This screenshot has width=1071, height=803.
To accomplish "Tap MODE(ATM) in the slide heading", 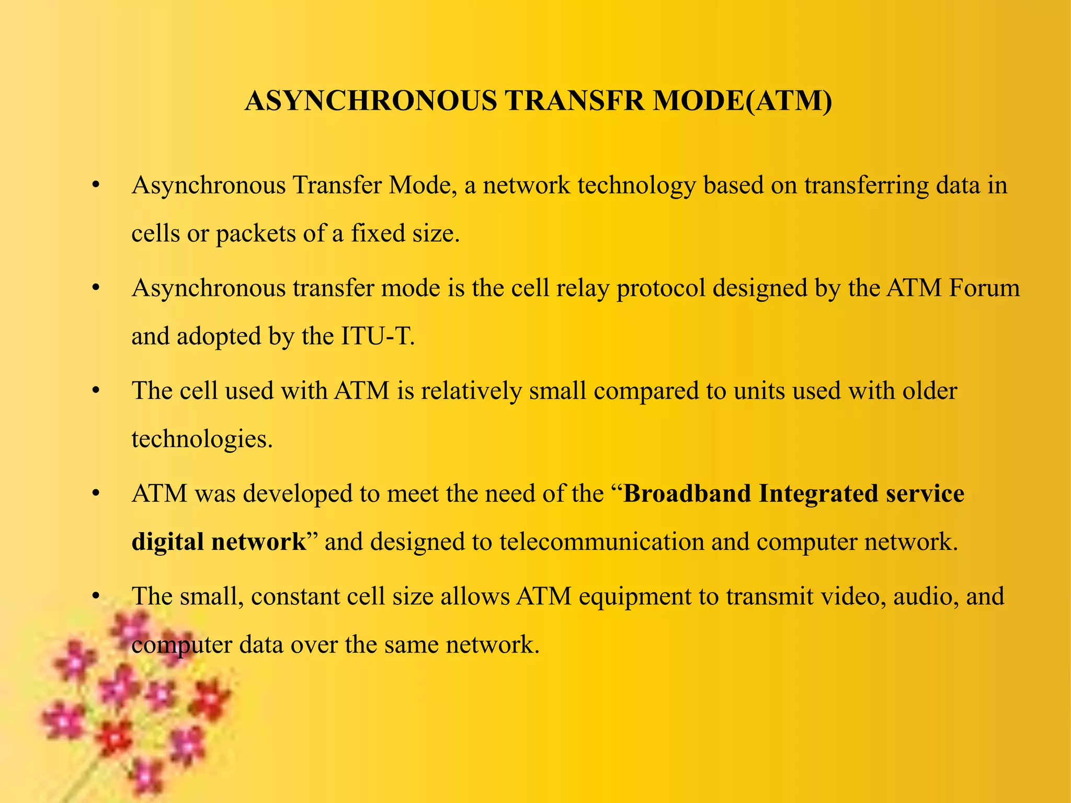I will pyautogui.click(x=742, y=101).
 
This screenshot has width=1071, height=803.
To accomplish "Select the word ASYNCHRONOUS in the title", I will pyautogui.click(x=370, y=101).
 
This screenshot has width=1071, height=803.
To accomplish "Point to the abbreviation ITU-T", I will pyautogui.click(x=377, y=336).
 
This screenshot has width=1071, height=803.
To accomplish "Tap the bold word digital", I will pyautogui.click(x=167, y=542).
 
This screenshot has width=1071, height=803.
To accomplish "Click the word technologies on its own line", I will pyautogui.click(x=202, y=439).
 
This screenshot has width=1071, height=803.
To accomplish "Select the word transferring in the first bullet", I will pyautogui.click(x=866, y=186).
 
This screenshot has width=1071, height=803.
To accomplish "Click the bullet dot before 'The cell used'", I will pyautogui.click(x=95, y=391).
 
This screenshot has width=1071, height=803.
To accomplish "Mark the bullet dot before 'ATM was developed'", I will pyautogui.click(x=95, y=494).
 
